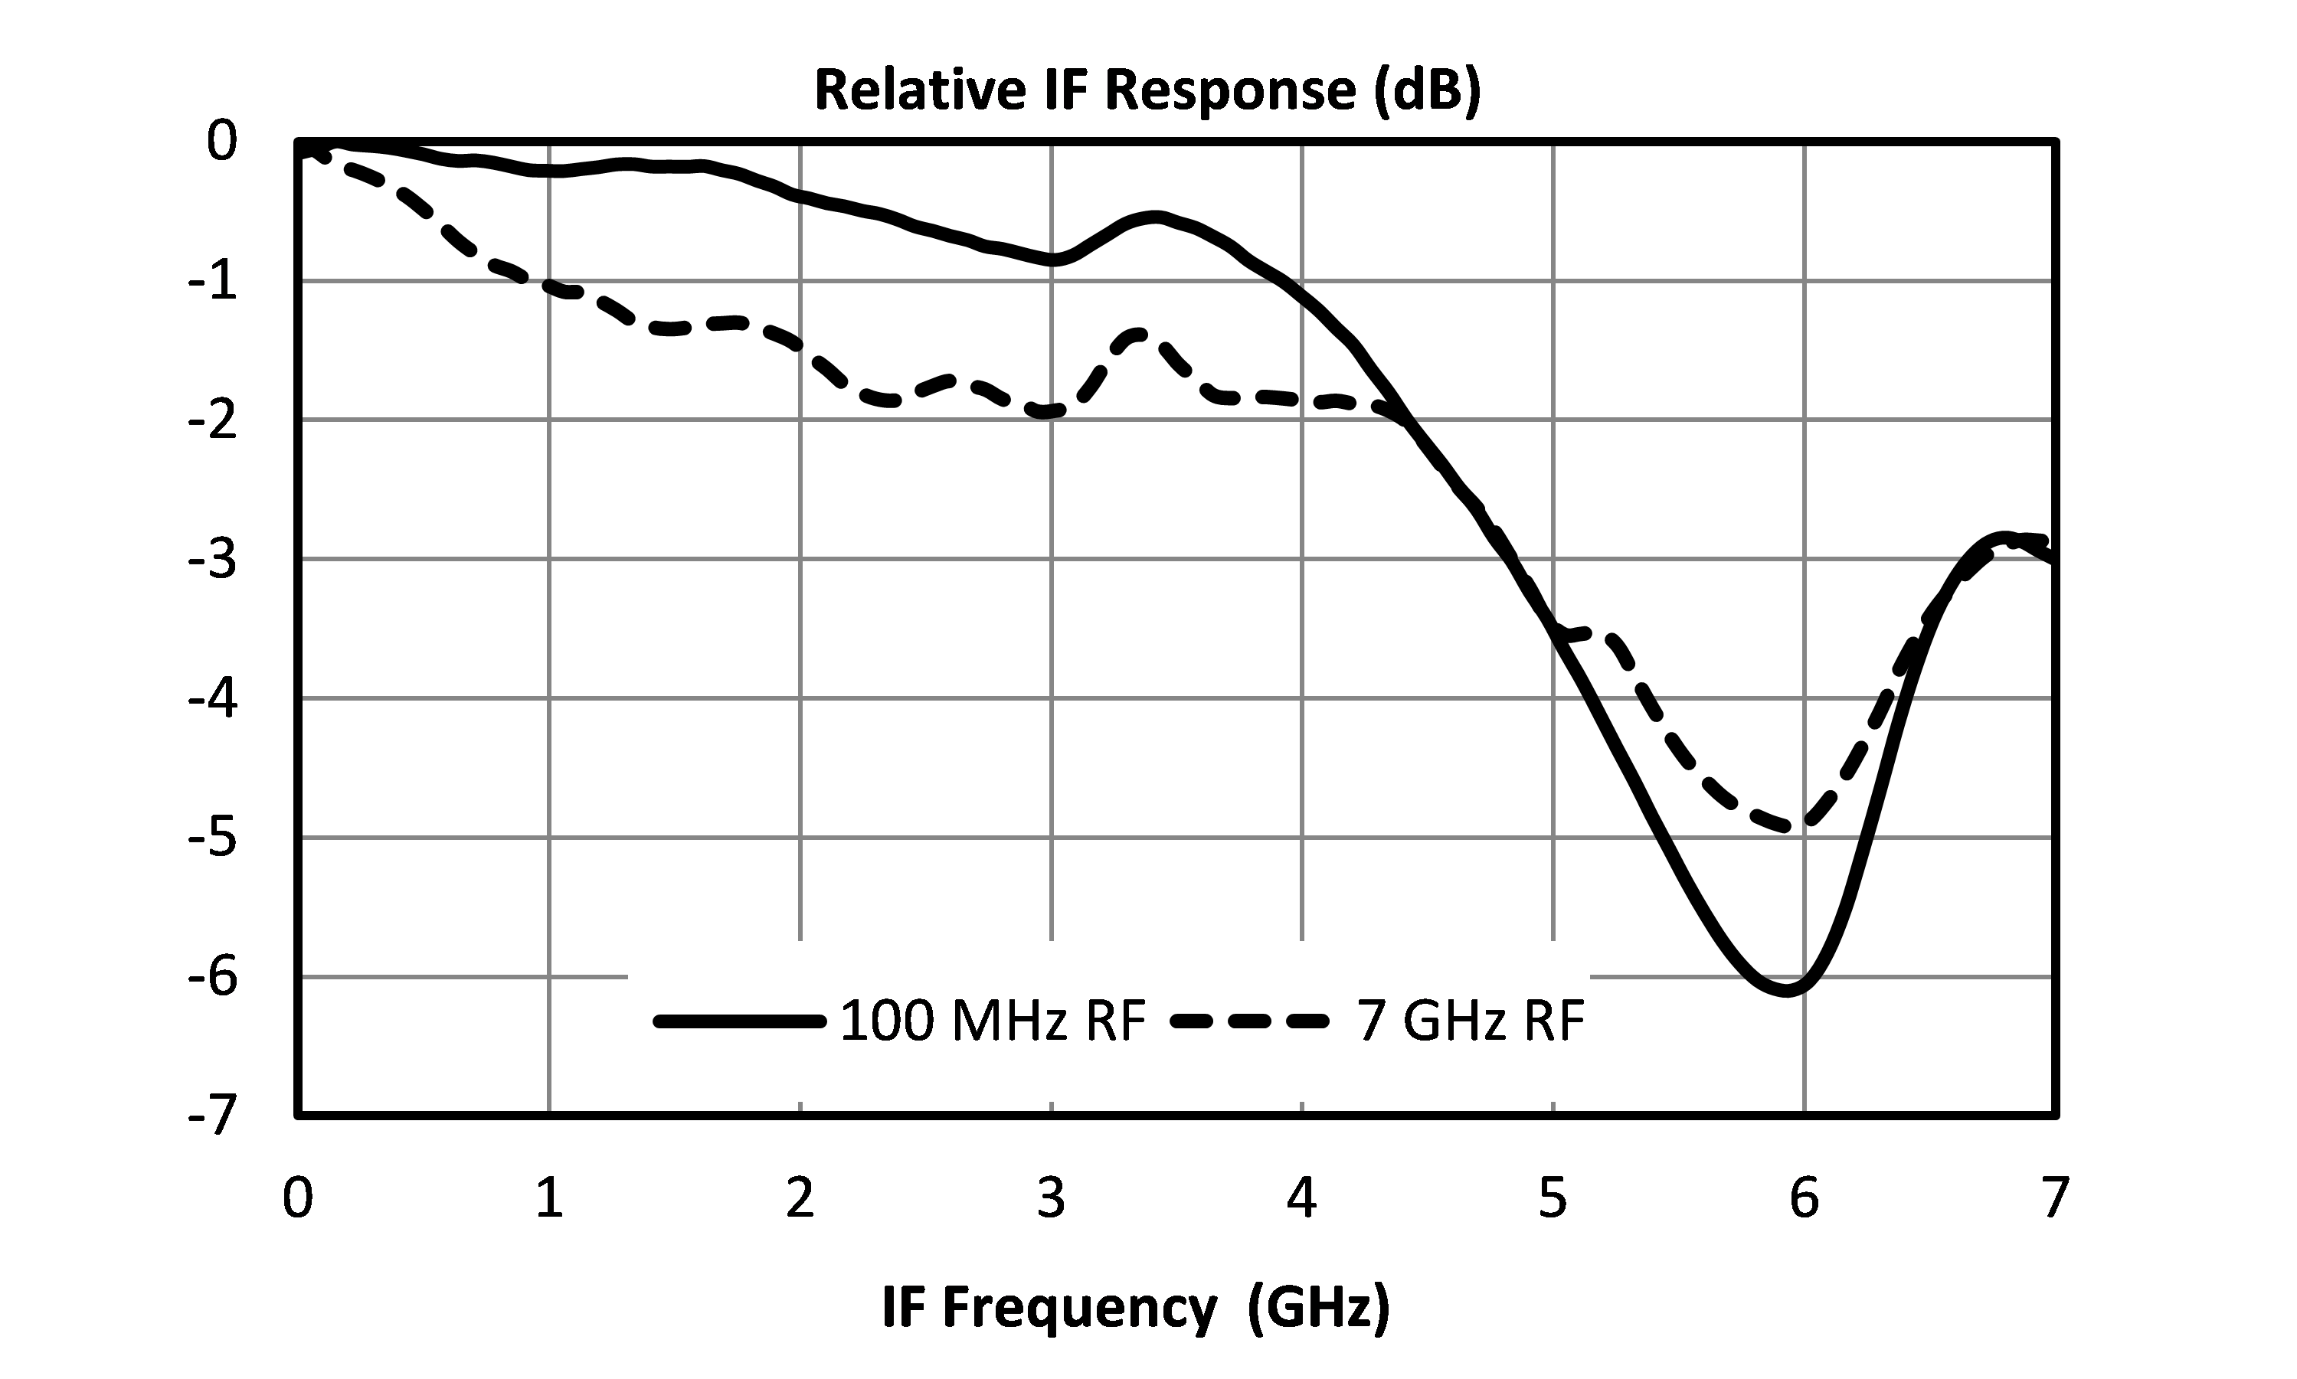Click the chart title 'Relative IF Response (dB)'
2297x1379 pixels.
pyautogui.click(x=1147, y=91)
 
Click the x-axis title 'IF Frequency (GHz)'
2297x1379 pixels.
pyautogui.click(x=1135, y=1309)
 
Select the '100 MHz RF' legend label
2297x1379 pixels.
pyautogui.click(x=993, y=1021)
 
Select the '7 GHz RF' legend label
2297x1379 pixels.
pyautogui.click(x=1471, y=1021)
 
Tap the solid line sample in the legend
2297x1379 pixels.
pyautogui.click(x=739, y=1021)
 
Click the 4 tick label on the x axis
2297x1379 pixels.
pyautogui.click(x=1301, y=1199)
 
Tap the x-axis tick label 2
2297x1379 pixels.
pyautogui.click(x=800, y=1199)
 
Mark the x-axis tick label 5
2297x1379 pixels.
pyautogui.click(x=1553, y=1199)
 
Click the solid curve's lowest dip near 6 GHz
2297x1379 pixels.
pyautogui.click(x=1787, y=991)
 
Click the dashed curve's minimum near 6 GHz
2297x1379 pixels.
pyautogui.click(x=1801, y=826)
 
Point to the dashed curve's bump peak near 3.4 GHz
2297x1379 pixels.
pyautogui.click(x=1138, y=335)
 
